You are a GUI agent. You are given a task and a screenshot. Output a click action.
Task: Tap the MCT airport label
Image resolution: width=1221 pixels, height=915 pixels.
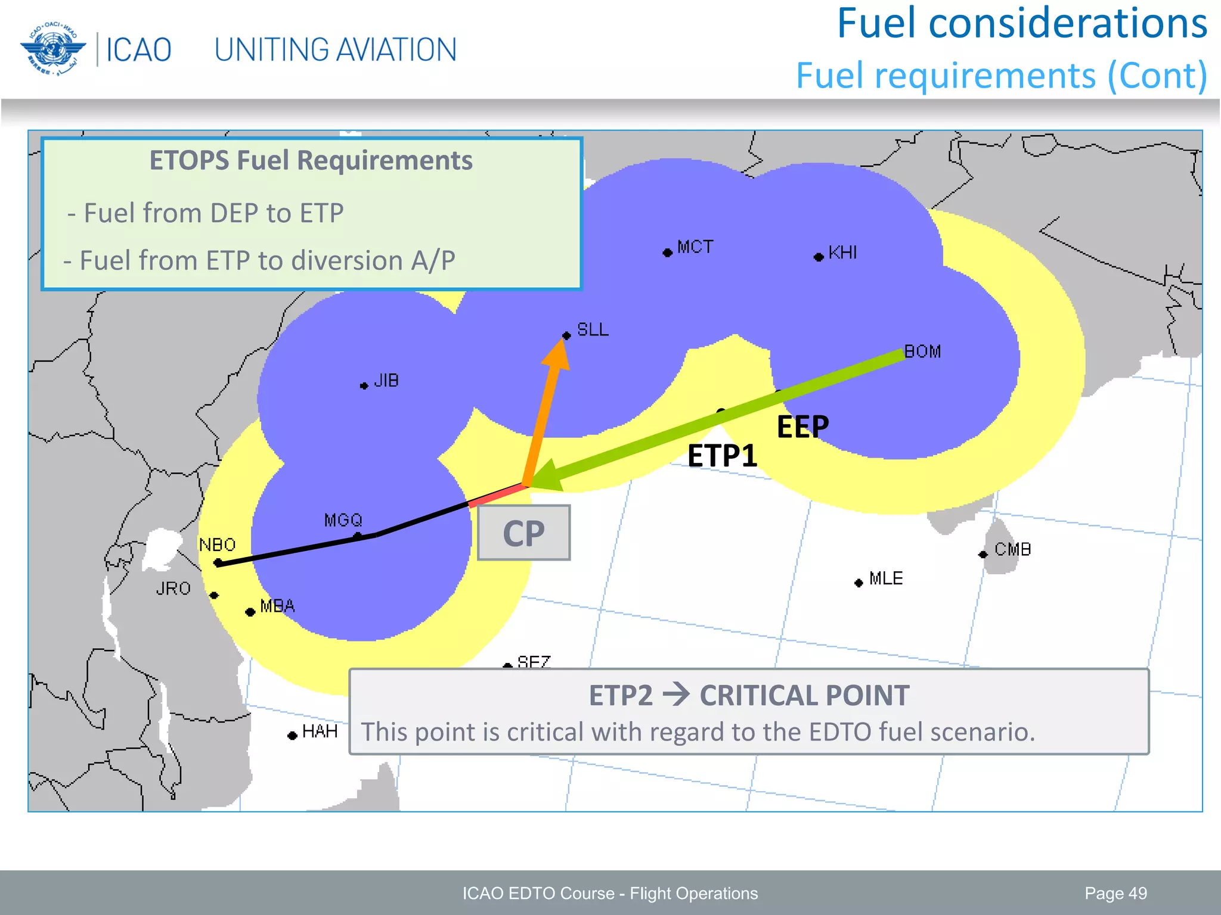click(x=695, y=247)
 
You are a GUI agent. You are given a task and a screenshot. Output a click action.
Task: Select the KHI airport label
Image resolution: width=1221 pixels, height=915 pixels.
click(x=842, y=253)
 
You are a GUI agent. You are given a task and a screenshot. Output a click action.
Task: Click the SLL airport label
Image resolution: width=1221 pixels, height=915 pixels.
click(x=593, y=329)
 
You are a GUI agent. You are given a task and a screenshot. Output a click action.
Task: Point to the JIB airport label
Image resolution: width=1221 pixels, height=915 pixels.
click(x=386, y=381)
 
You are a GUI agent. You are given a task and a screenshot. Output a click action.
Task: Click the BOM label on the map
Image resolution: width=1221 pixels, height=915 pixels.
click(x=922, y=351)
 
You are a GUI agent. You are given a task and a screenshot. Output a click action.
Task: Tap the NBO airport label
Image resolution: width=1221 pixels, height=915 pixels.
click(x=217, y=544)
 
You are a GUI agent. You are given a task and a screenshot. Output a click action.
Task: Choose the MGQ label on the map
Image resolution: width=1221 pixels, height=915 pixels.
click(x=343, y=520)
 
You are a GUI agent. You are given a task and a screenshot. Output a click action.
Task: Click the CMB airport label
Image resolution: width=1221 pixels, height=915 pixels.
click(x=1012, y=549)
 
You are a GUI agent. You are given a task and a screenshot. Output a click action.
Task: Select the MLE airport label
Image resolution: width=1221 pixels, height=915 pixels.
click(x=886, y=578)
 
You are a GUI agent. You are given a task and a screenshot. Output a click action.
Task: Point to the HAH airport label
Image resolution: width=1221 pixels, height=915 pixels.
click(x=320, y=731)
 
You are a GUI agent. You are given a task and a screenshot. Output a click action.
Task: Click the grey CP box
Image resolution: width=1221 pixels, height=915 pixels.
click(x=523, y=533)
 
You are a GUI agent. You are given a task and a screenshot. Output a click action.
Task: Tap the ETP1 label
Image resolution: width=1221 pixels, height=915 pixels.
click(x=722, y=456)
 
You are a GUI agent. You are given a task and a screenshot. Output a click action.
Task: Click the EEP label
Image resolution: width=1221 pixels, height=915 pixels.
click(x=802, y=427)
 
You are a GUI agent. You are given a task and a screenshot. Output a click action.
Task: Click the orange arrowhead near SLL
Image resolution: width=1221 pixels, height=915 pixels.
click(x=558, y=356)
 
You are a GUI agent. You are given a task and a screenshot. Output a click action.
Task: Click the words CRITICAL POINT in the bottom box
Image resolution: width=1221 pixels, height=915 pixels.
click(x=804, y=695)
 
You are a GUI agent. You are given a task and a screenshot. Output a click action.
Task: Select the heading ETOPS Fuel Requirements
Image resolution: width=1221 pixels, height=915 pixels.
click(x=311, y=161)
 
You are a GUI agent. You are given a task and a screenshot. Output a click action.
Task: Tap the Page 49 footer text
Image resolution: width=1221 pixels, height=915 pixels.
click(x=1115, y=893)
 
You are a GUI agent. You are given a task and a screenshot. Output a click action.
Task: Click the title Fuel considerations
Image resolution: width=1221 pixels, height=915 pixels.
click(x=1022, y=24)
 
